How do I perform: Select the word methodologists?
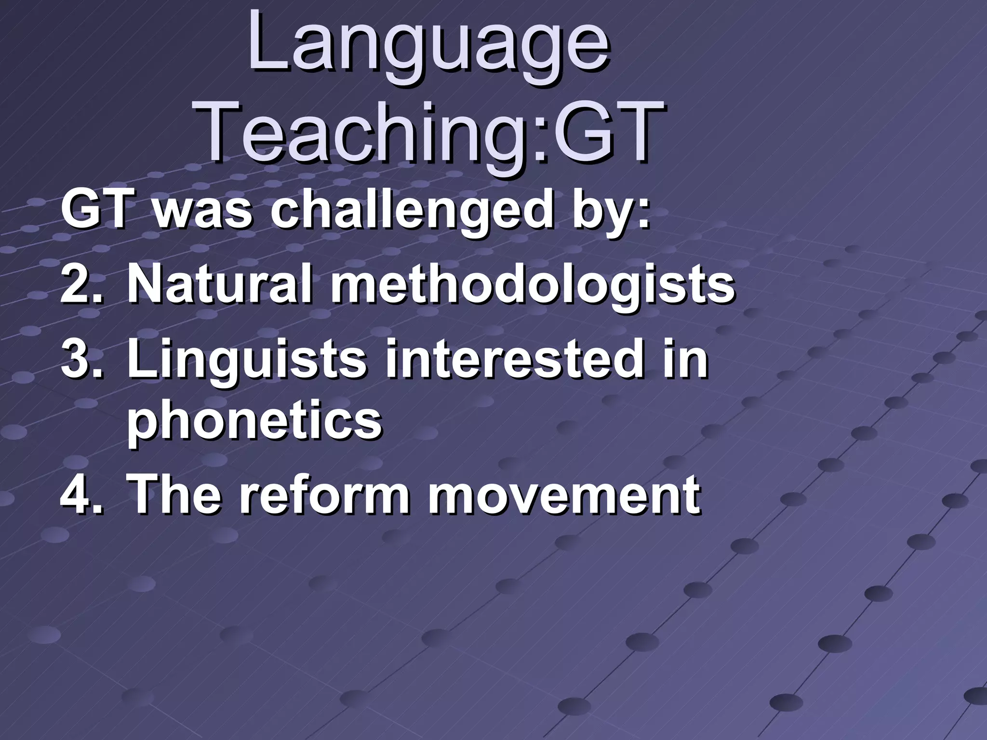(533, 286)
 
